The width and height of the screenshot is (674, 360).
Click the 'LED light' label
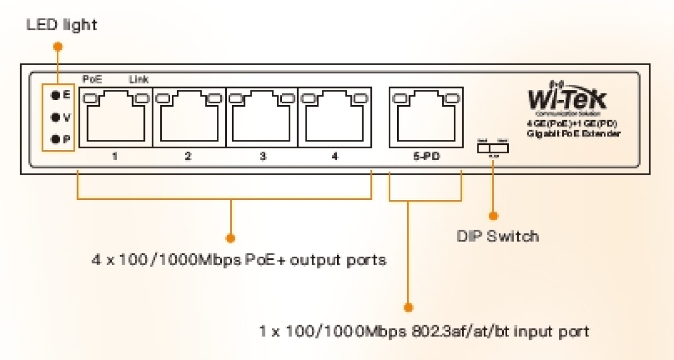[x=62, y=25]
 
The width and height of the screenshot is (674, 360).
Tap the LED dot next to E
[x=55, y=96]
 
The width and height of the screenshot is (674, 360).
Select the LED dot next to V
[x=55, y=117]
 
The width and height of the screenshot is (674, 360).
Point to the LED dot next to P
[x=55, y=139]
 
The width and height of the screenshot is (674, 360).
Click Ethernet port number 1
[x=116, y=117]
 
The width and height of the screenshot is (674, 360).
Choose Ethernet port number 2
[x=189, y=117]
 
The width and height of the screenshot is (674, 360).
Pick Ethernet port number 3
[x=262, y=117]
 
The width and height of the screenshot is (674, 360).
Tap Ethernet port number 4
[x=335, y=117]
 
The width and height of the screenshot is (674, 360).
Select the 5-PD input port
[x=426, y=117]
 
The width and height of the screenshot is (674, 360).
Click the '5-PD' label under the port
[x=425, y=157]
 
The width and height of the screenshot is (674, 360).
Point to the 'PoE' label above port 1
[x=92, y=80]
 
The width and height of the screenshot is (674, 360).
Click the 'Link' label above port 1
[x=139, y=80]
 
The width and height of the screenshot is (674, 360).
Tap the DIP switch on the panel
[x=493, y=148]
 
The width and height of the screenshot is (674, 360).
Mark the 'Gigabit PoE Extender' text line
[x=573, y=134]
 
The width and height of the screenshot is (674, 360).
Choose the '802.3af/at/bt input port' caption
[x=424, y=331]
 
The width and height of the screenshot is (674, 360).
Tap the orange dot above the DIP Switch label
[x=493, y=215]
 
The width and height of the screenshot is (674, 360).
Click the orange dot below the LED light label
[x=57, y=46]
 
